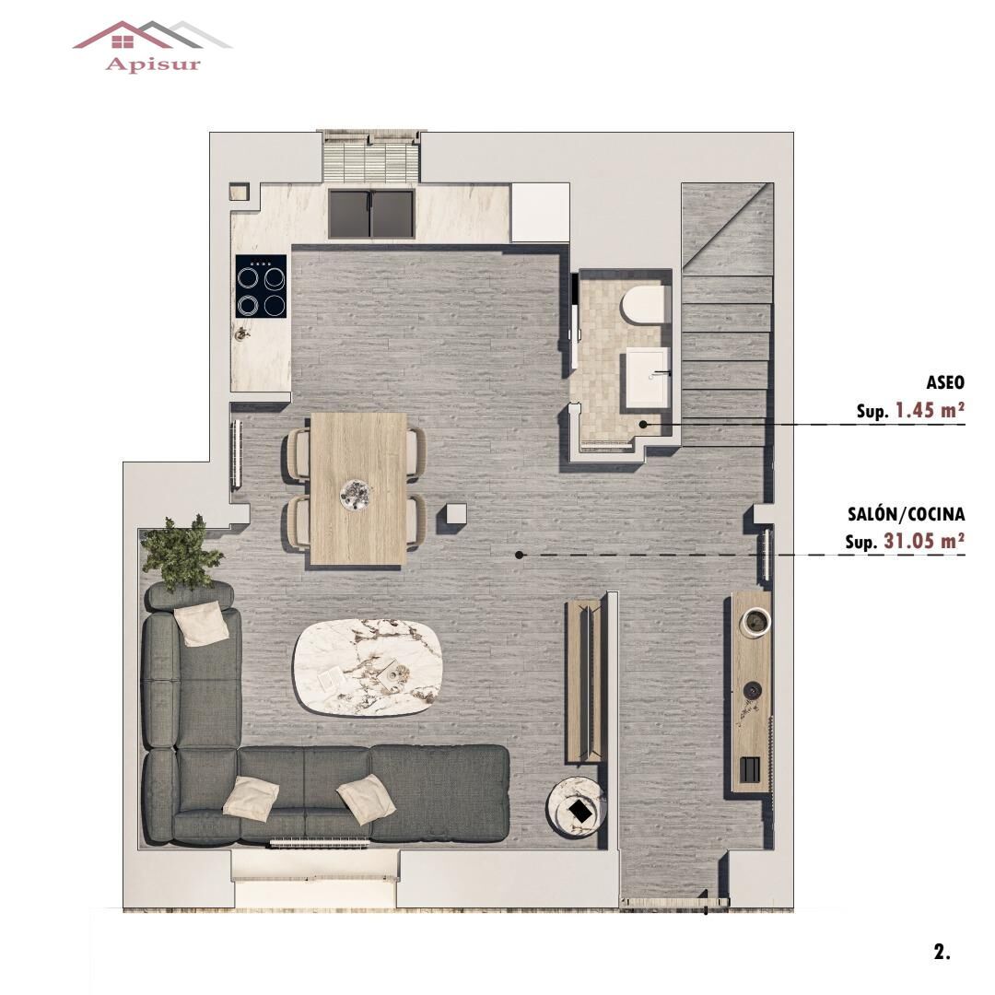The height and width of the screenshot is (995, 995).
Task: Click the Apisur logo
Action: tap(151, 46)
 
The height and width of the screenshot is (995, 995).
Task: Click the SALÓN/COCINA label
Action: tap(906, 514)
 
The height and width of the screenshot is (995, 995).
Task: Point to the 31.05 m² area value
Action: tap(923, 541)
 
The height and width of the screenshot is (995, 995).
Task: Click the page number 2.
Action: tap(942, 952)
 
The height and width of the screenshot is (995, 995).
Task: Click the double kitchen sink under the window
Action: tap(370, 213)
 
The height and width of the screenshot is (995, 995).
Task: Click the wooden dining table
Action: tap(358, 488)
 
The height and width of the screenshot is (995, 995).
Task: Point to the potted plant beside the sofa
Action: tap(181, 553)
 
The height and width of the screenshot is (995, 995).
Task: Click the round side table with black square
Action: tap(577, 808)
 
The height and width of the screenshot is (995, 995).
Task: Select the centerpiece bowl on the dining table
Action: tap(357, 494)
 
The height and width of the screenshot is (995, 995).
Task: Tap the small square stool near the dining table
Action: tap(457, 516)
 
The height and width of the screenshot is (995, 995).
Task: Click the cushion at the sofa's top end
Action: tap(202, 624)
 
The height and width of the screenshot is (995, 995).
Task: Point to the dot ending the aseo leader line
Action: tap(644, 424)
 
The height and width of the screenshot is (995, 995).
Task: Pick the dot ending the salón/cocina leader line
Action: tap(520, 555)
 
